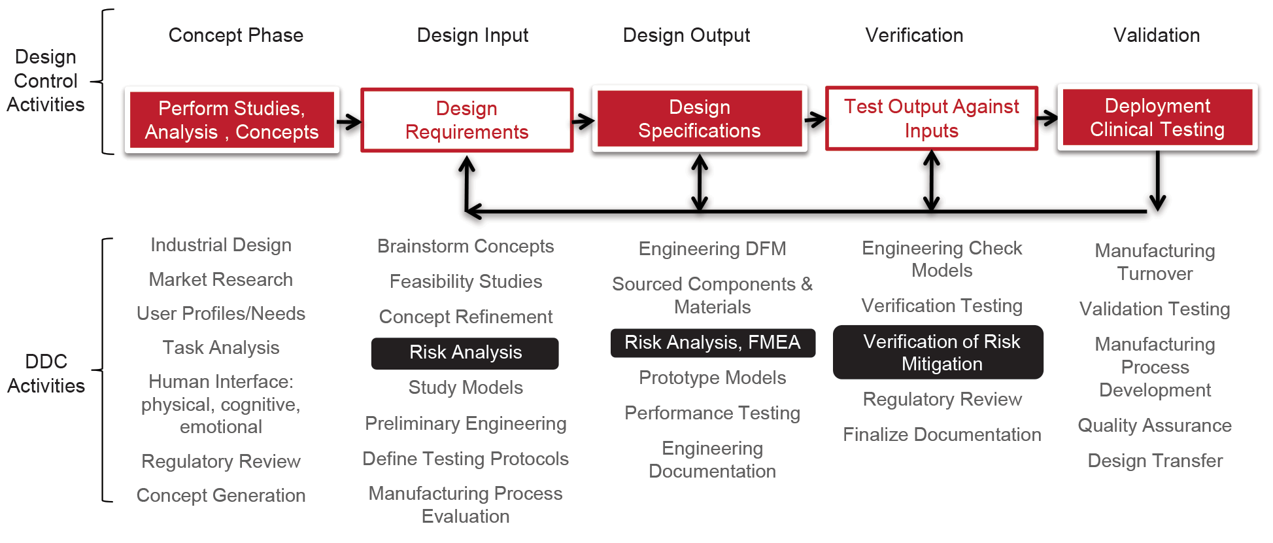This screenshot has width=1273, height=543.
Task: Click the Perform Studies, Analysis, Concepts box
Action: (x=231, y=120)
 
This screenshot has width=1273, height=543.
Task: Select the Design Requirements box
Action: (x=467, y=120)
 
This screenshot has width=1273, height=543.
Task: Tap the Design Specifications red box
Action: (x=699, y=119)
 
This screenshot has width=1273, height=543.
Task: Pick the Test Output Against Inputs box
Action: (x=931, y=118)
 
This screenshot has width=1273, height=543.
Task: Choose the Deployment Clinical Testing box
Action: (x=1157, y=118)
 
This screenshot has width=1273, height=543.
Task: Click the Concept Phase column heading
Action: (x=236, y=35)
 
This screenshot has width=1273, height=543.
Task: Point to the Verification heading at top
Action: (x=914, y=35)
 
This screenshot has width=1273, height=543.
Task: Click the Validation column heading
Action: (x=1156, y=35)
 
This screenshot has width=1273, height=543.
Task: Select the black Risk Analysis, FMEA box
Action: (x=712, y=343)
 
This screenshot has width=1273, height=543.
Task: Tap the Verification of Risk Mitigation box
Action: (x=938, y=353)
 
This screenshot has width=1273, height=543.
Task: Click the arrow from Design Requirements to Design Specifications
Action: (x=583, y=120)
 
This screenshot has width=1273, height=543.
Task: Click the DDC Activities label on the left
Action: (x=46, y=374)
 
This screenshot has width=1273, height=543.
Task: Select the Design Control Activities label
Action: (x=45, y=81)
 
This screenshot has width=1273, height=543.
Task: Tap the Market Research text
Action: (x=221, y=280)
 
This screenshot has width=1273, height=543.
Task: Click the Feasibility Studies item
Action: (x=466, y=282)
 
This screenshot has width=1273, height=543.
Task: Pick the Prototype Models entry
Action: (x=712, y=378)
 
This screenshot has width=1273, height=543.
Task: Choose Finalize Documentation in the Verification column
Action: (x=942, y=435)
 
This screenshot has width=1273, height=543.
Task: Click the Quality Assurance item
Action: (x=1154, y=426)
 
